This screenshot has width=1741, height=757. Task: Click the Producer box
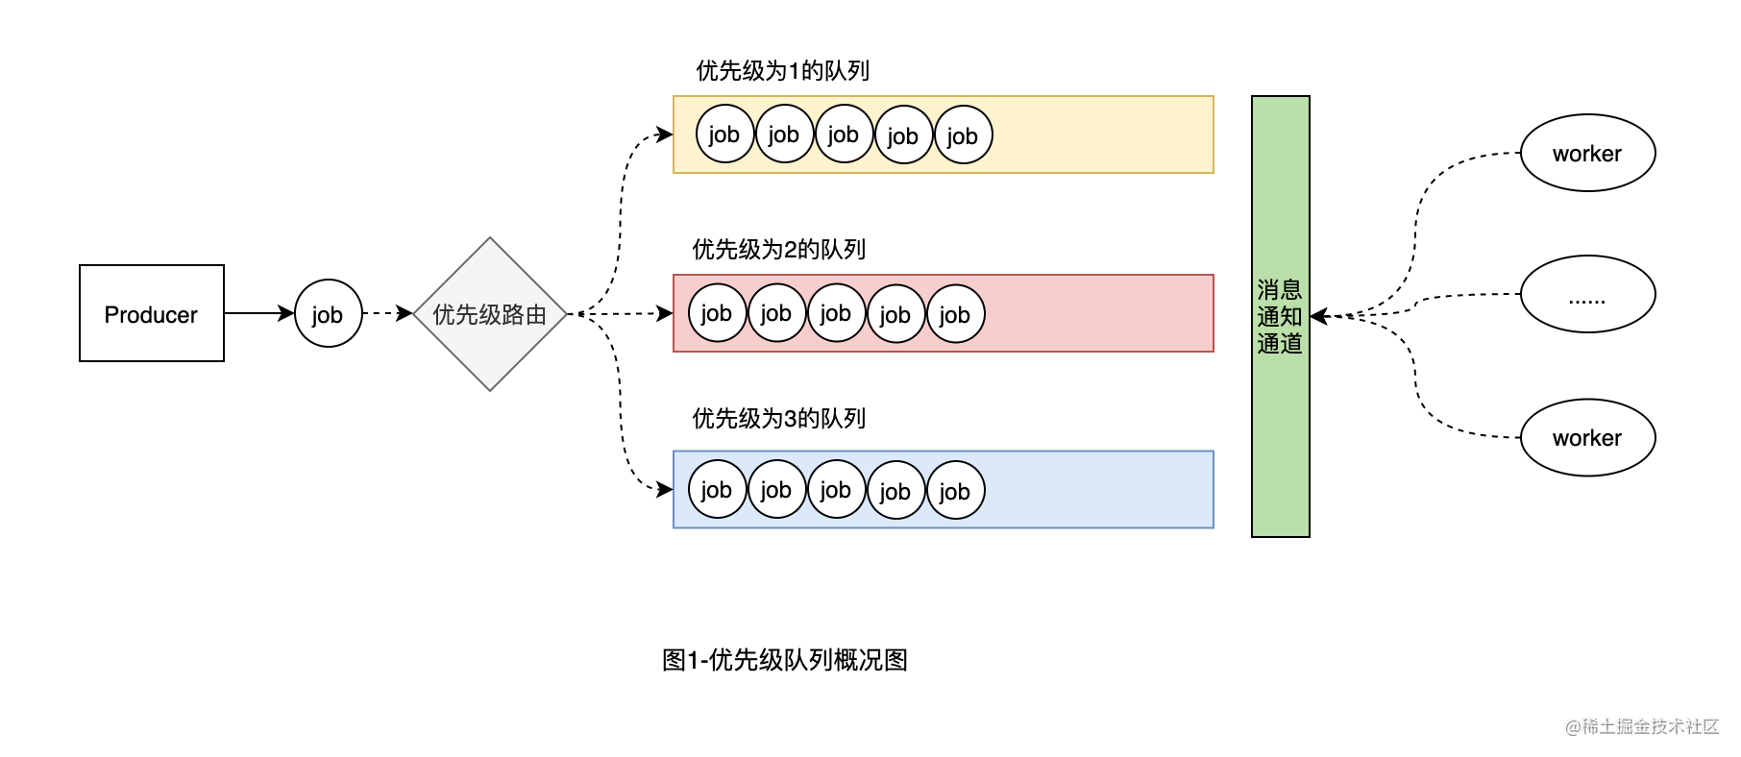pos(151,313)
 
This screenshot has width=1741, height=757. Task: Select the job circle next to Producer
pos(328,313)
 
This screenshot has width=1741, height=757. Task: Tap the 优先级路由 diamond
pos(489,314)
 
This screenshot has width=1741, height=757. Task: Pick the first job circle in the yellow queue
pos(724,134)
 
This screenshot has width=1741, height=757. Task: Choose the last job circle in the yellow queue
pos(963,134)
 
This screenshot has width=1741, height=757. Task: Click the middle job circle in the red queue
pos(836,313)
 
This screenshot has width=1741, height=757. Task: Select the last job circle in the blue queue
pos(955,490)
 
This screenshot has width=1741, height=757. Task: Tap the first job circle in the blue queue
pos(717,490)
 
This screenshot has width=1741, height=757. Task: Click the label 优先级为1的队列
pos(782,71)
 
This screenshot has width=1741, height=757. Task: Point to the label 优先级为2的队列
pos(778,250)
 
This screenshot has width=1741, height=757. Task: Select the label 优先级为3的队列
pos(778,419)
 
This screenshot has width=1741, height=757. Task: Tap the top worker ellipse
pos(1587,154)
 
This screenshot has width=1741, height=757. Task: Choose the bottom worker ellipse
pos(1587,438)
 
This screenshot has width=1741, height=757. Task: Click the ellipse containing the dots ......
pos(1587,294)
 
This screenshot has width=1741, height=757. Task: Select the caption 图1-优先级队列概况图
pos(784,660)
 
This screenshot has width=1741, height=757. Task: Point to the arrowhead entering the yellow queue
pos(665,134)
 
